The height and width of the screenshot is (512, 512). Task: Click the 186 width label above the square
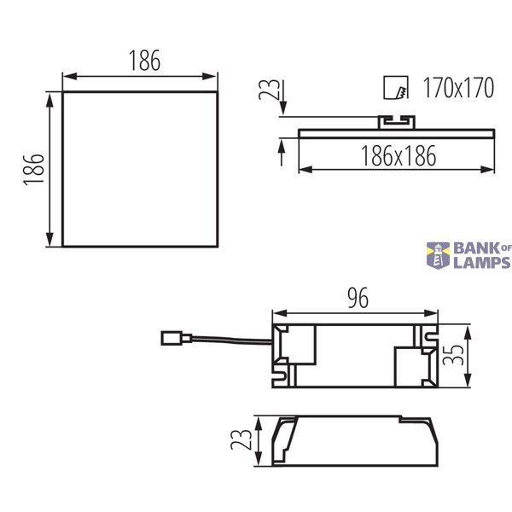(x=145, y=61)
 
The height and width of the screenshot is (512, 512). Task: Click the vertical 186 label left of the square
(x=33, y=170)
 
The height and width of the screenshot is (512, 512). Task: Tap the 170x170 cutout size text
(x=458, y=88)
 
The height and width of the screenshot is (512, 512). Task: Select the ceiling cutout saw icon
(x=396, y=88)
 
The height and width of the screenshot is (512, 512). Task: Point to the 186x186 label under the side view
(x=399, y=156)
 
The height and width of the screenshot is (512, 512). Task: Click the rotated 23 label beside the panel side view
(x=269, y=90)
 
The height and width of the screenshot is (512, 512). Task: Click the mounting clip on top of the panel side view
(x=397, y=122)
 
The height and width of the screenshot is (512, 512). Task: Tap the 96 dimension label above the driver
(x=358, y=298)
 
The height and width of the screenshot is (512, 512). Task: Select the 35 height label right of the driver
(x=453, y=355)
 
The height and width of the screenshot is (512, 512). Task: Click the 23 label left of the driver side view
(x=241, y=439)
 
